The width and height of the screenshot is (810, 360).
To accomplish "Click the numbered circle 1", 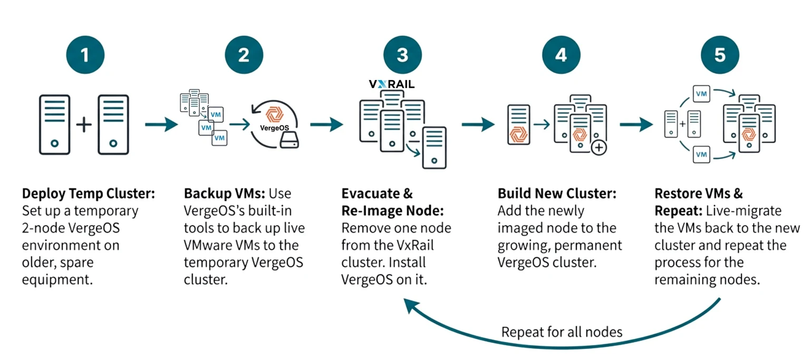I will [x=85, y=55].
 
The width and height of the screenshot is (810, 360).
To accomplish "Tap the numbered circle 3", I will [x=402, y=55].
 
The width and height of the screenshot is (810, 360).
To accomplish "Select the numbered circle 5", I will [x=720, y=55].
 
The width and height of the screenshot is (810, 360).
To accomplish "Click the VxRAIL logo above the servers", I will [x=391, y=84].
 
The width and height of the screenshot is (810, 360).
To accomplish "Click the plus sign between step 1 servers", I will [x=84, y=125].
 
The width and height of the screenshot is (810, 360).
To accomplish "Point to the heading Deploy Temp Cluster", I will [x=89, y=194].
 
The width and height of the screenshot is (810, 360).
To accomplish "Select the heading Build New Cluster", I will [x=557, y=194].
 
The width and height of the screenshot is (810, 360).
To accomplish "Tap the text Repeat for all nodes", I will [x=562, y=332].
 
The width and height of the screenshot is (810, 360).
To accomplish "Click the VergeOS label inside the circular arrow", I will [x=274, y=128].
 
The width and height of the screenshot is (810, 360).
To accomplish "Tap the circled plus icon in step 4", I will [x=599, y=148].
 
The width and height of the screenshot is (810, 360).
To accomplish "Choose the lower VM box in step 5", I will [x=701, y=154].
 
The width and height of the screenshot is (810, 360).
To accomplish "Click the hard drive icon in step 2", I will [x=289, y=141].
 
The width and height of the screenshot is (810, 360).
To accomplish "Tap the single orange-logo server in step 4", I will [x=518, y=125].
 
